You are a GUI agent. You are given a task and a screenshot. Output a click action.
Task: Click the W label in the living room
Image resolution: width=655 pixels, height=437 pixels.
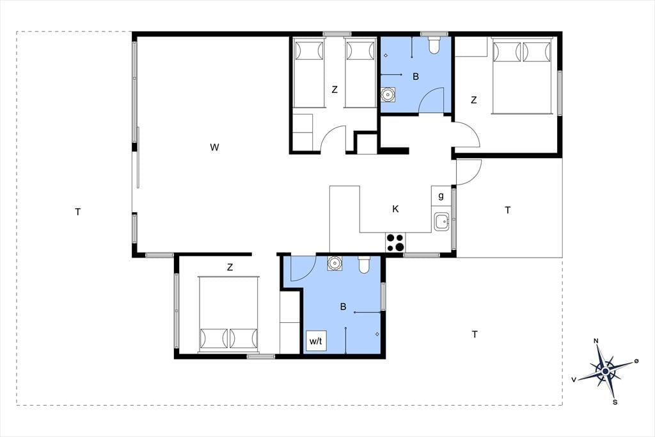214,147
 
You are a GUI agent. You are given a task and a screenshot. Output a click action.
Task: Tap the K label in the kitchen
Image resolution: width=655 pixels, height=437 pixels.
395,209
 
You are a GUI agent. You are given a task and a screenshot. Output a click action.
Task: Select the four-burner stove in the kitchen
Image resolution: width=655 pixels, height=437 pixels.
395,242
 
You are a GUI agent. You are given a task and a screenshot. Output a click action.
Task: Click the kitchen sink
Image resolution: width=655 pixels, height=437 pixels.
441,222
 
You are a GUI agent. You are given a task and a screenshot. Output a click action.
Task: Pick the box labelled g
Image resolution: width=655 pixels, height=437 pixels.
441,195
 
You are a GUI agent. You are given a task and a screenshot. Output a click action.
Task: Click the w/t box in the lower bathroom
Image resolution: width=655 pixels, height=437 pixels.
316,341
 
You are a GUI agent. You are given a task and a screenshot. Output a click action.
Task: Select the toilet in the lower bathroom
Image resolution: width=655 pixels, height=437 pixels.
364,265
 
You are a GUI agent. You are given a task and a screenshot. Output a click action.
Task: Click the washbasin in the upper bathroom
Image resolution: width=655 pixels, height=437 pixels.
388,95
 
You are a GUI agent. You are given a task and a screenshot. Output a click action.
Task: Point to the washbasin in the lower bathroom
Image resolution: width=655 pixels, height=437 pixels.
334,263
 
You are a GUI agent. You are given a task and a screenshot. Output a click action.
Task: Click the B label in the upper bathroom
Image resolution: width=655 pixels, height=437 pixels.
416,77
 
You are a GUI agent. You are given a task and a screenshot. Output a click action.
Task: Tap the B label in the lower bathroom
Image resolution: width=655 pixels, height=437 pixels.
343,307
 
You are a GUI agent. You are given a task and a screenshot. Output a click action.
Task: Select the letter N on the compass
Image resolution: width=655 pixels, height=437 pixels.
596,341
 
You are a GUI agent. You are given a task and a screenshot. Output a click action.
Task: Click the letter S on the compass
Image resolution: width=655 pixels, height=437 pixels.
615,402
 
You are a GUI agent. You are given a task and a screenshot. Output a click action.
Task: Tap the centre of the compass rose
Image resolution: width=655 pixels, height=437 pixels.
605,371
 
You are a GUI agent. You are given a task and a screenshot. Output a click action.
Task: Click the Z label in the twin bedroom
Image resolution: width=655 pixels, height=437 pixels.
335,90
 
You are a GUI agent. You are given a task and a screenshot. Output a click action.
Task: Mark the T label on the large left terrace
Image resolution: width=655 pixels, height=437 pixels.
77,212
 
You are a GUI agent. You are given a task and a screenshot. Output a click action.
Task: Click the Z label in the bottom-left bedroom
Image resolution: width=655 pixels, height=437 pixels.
230,267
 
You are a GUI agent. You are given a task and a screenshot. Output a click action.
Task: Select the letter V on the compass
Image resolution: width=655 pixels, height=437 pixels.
574,380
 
